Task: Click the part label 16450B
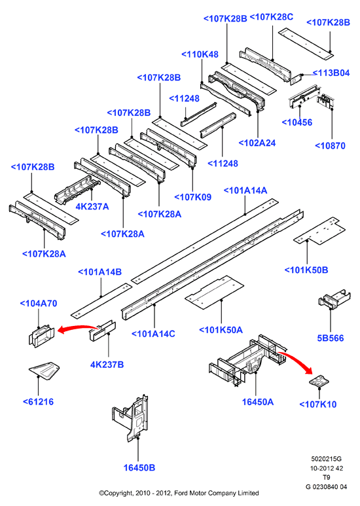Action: [139, 467]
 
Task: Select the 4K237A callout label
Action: [92, 206]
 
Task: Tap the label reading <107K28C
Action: [272, 17]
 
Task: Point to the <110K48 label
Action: [200, 54]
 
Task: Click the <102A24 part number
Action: [257, 143]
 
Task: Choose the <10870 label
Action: [330, 145]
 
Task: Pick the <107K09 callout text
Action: [193, 197]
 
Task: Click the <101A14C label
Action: [153, 333]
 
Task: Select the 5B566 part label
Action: [331, 338]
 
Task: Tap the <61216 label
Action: [38, 401]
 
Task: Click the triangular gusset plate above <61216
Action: [45, 370]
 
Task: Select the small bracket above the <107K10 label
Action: [319, 381]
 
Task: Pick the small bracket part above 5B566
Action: [334, 298]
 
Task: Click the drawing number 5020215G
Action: [326, 459]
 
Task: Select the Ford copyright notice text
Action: [179, 493]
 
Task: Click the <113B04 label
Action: [331, 73]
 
